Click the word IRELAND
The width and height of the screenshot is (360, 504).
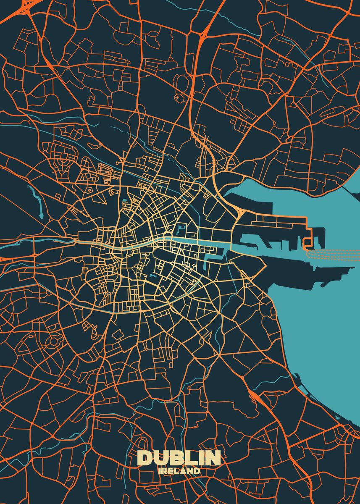click(x=180, y=471)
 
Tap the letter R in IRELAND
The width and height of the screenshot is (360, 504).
click(x=166, y=471)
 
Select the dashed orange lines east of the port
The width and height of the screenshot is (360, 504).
click(x=336, y=252)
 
